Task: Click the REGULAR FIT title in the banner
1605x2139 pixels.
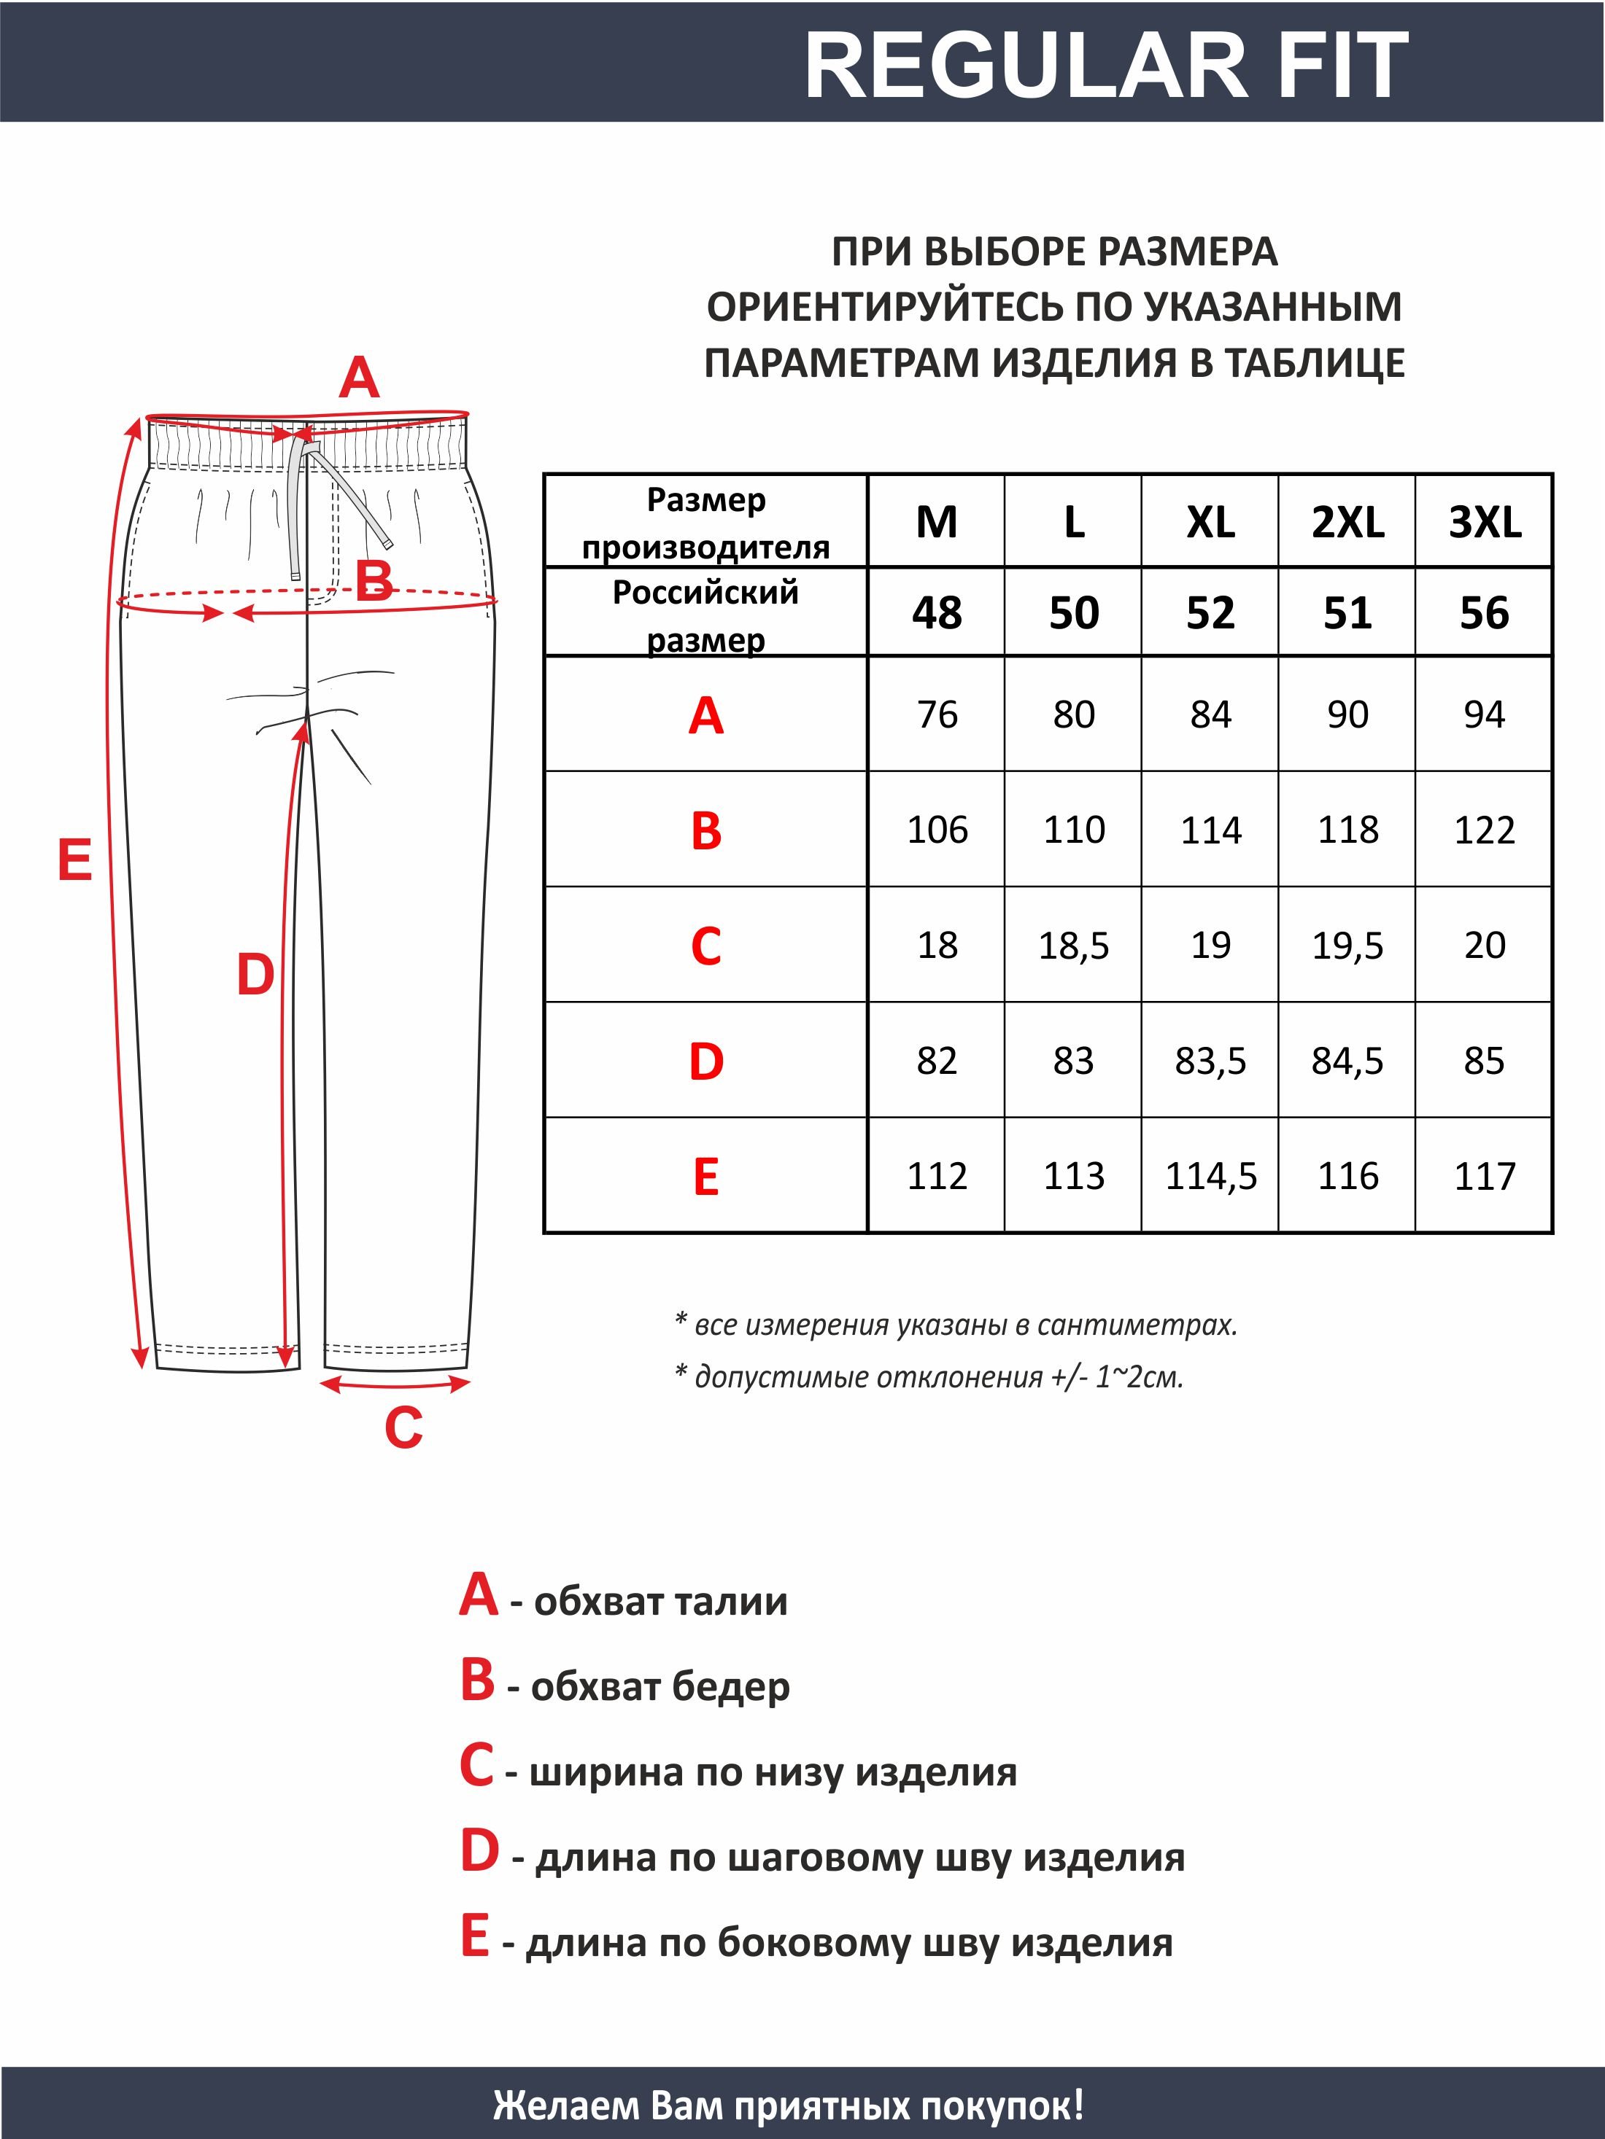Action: point(1106,66)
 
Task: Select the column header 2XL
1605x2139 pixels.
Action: point(1347,522)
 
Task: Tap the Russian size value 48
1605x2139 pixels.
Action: point(937,613)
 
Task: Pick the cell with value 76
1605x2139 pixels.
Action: point(937,714)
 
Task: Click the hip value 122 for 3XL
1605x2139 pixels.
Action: point(1484,830)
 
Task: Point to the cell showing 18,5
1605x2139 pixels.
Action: point(1073,945)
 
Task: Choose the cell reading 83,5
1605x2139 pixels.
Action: point(1210,1061)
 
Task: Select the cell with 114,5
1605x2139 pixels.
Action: point(1210,1176)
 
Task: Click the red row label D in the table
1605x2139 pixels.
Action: point(706,1061)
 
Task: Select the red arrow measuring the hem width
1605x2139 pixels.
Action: point(395,1384)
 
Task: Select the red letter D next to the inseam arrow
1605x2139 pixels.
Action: point(255,975)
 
